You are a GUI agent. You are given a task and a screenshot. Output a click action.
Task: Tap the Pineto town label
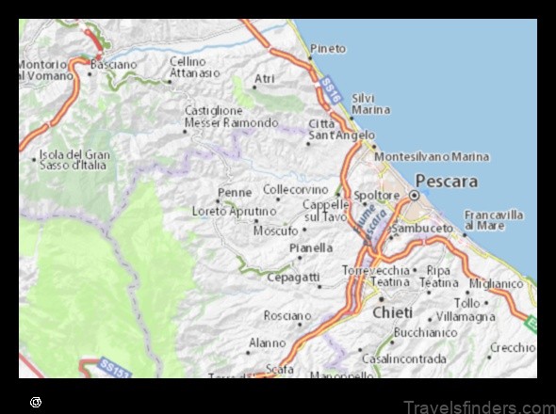click(x=328, y=48)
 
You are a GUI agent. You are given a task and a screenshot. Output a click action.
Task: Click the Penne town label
click(x=235, y=192)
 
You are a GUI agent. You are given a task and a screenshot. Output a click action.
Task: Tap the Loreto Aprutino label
click(x=235, y=211)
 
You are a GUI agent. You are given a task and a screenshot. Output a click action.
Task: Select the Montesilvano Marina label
click(x=432, y=156)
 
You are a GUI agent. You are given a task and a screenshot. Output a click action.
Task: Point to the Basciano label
click(x=113, y=65)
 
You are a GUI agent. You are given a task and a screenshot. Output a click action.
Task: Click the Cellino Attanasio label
click(x=194, y=66)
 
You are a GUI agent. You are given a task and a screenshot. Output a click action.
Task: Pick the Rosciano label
click(x=287, y=316)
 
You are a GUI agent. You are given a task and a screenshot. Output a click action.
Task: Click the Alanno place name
click(x=267, y=343)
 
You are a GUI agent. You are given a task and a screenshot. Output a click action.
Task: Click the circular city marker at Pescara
click(x=414, y=195)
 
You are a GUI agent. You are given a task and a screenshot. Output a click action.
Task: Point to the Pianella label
click(x=311, y=248)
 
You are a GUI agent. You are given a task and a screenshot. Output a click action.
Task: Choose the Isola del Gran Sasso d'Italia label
click(x=74, y=159)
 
